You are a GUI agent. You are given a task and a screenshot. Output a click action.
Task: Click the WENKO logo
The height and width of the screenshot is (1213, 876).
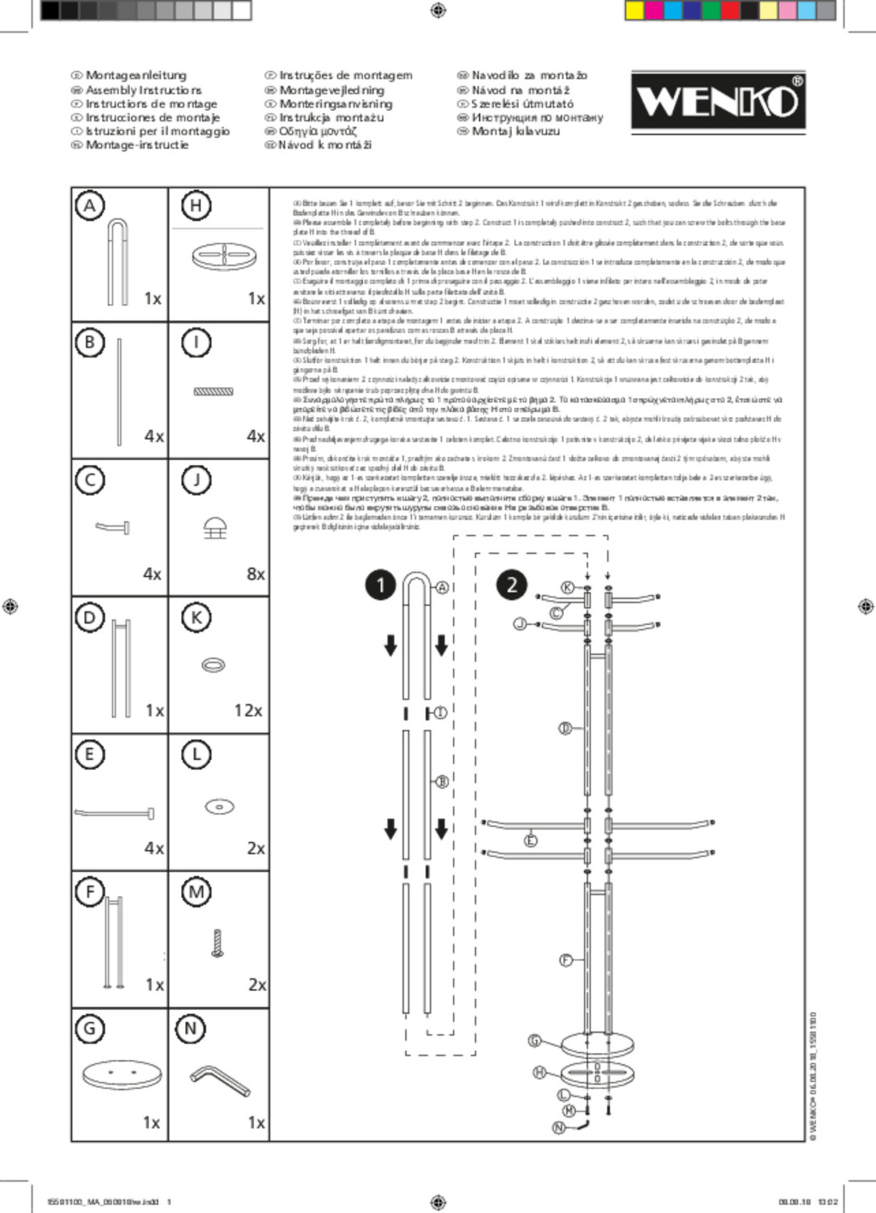pos(718,101)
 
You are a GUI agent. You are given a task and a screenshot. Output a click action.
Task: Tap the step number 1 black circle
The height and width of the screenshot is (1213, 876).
pos(380,585)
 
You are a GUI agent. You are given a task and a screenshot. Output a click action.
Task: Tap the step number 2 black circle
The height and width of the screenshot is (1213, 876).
pos(511,585)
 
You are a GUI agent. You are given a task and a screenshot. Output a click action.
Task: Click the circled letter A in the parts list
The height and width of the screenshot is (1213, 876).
pos(90,206)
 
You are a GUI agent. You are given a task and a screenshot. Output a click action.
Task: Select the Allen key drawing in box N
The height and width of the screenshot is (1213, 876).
pos(220,1081)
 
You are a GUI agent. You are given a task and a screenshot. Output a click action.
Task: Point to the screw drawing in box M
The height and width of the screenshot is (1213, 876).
pos(217,942)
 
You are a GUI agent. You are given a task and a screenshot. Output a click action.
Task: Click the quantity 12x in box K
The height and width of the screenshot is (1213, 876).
pos(248,710)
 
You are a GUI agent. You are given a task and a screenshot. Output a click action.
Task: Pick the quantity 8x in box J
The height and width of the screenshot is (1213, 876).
pos(255,574)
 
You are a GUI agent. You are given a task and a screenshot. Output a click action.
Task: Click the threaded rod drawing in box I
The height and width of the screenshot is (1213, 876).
pos(214,392)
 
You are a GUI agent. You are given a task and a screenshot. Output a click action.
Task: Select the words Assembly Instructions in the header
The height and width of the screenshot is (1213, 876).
pos(143,90)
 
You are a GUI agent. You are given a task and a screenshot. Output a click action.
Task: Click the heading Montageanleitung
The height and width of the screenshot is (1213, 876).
pos(136,75)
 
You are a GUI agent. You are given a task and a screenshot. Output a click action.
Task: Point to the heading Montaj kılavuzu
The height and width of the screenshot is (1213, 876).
pos(516,131)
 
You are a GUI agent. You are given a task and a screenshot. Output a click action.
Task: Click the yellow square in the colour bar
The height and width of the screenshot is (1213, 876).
pos(634,10)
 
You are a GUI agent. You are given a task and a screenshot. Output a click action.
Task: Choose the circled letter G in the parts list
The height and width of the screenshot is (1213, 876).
pos(90,1028)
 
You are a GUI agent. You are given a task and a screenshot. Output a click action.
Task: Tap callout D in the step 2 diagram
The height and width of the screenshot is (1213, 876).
pos(565,728)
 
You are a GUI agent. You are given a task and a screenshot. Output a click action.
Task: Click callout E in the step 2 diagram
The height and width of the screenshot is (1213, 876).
pos(531,841)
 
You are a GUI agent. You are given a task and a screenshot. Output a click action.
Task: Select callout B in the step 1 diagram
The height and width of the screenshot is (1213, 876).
pos(442,781)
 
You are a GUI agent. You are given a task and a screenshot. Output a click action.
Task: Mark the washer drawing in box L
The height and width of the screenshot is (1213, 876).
pos(219,807)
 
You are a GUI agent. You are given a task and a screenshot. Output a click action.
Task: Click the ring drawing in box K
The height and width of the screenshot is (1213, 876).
pos(213,665)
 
